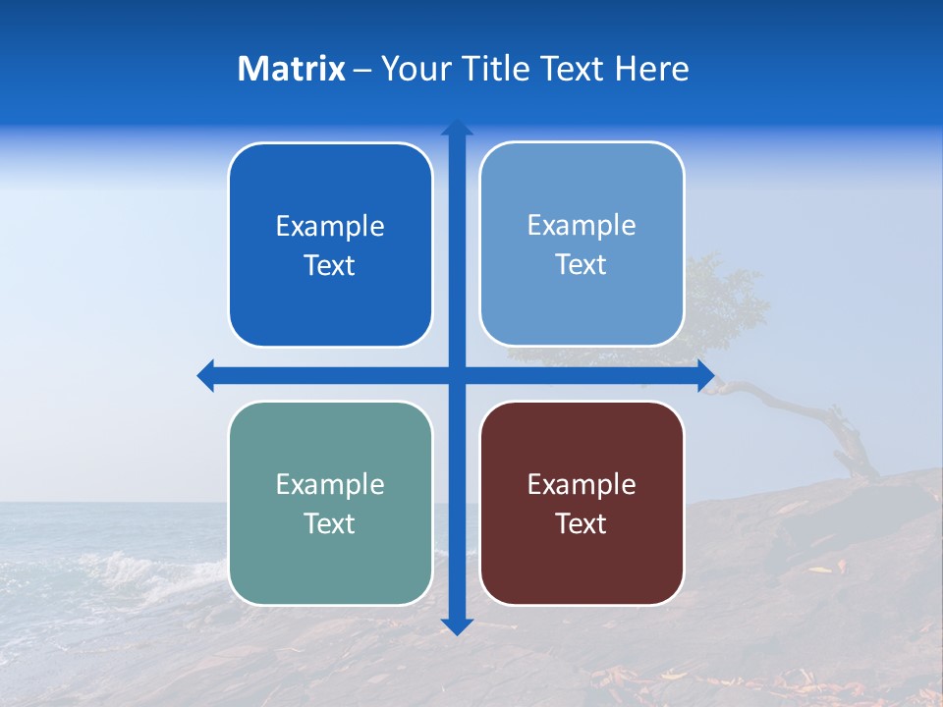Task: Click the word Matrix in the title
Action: point(291,69)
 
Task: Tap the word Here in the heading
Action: point(652,69)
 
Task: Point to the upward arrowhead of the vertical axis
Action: point(457,128)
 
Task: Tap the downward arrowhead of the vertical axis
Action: point(457,625)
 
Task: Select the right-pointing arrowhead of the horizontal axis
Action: point(705,375)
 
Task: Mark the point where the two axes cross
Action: point(457,375)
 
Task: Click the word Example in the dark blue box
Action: point(330,227)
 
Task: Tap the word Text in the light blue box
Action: point(582,265)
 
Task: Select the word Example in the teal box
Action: point(330,485)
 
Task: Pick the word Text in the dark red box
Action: point(582,524)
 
